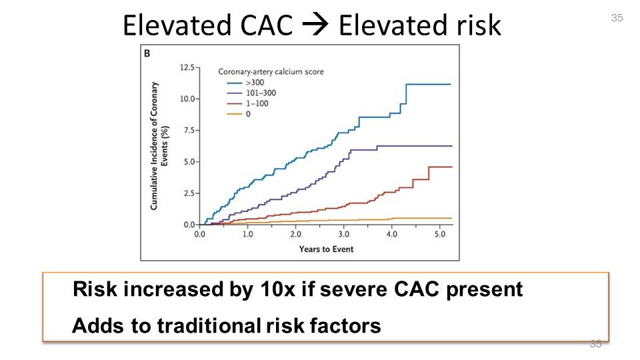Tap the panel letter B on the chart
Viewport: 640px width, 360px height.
pos(147,53)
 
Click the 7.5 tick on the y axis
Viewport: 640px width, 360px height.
pos(189,131)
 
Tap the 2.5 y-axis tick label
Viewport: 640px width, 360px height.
pos(189,193)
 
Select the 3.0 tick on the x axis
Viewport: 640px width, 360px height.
pos(343,235)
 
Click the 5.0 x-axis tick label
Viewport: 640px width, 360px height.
pos(440,235)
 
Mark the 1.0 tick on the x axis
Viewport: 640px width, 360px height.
pos(247,235)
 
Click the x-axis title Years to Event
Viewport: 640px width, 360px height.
pos(326,249)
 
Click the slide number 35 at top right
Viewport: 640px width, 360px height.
pos(617,18)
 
